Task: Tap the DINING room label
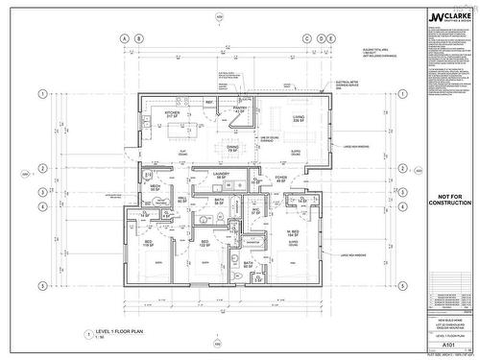click(232, 148)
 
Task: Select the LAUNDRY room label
click(221, 176)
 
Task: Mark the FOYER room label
click(281, 177)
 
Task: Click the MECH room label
click(156, 188)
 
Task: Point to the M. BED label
click(293, 230)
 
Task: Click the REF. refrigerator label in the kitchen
click(209, 101)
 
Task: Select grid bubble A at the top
click(122, 37)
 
